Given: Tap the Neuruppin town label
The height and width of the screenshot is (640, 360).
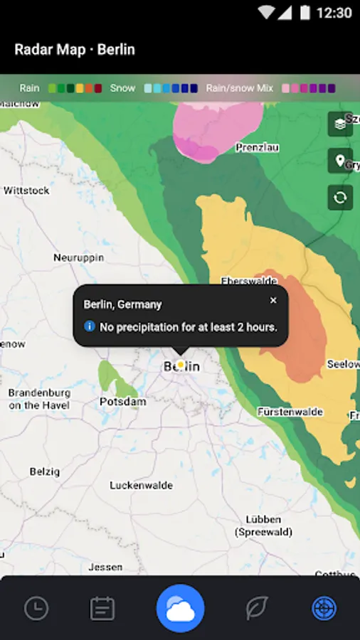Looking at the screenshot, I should (x=79, y=257).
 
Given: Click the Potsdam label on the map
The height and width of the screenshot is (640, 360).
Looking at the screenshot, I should (x=122, y=402).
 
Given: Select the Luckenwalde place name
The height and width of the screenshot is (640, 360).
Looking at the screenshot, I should (x=141, y=486).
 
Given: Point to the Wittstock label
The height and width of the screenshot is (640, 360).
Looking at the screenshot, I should (x=26, y=191).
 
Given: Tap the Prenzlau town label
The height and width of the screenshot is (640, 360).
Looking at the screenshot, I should (x=257, y=147).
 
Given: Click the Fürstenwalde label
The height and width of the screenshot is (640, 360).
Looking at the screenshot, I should (x=290, y=412).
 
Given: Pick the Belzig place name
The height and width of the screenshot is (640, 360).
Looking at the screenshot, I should (x=46, y=471).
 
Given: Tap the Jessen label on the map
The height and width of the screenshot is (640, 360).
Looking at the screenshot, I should (x=105, y=567).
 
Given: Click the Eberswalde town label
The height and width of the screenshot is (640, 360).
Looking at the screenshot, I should (x=248, y=281).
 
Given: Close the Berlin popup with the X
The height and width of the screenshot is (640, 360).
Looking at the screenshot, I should (x=273, y=301).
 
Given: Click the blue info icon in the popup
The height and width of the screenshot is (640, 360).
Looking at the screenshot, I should (x=90, y=326).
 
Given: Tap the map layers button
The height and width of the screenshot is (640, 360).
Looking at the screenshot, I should (x=340, y=124).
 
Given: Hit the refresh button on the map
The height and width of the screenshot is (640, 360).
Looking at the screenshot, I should (x=340, y=197).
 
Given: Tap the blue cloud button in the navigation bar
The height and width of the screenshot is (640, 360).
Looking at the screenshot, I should (x=180, y=608).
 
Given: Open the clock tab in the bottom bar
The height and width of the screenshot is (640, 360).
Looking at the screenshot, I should (x=36, y=608).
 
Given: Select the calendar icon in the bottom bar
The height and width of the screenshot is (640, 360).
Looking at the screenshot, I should (x=102, y=608).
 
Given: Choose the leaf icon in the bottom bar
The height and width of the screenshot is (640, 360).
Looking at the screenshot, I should (x=256, y=608).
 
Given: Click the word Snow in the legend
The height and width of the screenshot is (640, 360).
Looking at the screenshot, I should (x=122, y=88).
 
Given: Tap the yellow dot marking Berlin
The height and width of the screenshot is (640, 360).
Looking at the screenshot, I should (x=180, y=365).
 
